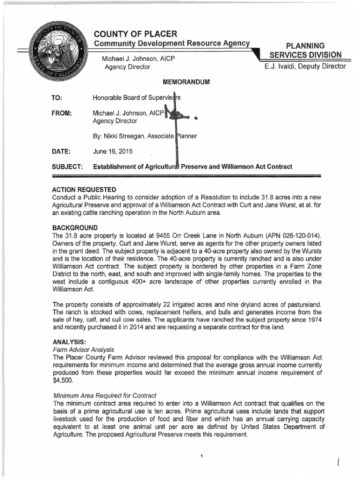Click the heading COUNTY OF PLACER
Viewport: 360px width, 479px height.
[x=136, y=34]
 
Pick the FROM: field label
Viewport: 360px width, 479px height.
[x=64, y=113]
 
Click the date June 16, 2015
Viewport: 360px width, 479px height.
[x=113, y=152]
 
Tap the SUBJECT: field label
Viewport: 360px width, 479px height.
[x=68, y=167]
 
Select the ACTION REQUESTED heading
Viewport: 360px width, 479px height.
[x=84, y=189]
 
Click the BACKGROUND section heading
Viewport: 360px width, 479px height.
[x=76, y=227]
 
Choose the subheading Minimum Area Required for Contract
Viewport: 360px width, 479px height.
[x=105, y=396]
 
